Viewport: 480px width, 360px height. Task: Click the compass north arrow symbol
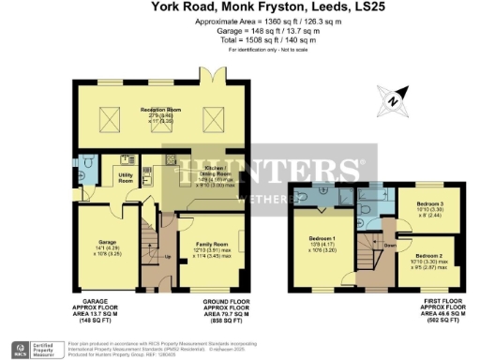click(392, 97)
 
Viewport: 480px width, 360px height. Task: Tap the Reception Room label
click(160, 111)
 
